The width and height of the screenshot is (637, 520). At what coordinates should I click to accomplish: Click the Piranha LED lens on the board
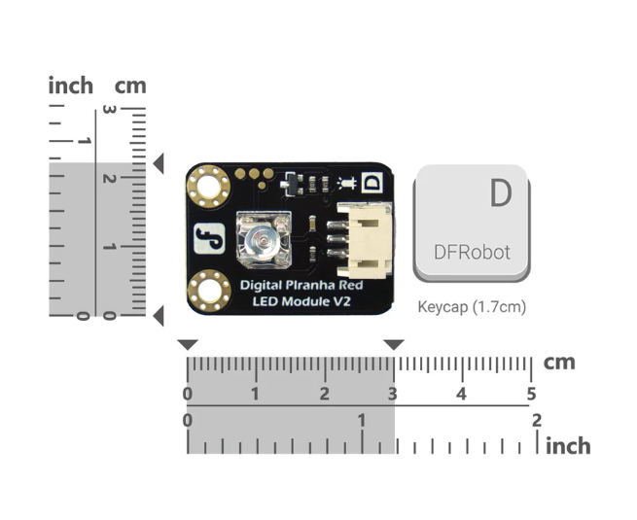(264, 239)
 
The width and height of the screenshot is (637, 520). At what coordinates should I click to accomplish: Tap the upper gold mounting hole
(208, 187)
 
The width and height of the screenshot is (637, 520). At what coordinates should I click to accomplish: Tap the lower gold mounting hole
(209, 291)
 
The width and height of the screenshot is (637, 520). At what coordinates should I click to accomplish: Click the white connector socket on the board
(365, 241)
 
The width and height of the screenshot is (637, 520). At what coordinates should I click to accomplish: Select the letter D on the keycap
(501, 192)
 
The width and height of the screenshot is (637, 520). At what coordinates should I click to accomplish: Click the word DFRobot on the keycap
(472, 253)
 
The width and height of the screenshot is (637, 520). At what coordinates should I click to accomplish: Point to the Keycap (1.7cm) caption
(472, 307)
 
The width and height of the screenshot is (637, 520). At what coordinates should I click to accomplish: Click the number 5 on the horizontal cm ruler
(531, 394)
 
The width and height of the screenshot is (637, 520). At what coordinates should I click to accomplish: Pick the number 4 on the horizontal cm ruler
(461, 394)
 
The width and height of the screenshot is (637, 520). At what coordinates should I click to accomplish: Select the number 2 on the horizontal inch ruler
(537, 421)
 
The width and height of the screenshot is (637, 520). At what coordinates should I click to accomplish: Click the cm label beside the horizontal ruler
(559, 363)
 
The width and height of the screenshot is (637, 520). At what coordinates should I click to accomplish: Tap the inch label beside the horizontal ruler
(568, 446)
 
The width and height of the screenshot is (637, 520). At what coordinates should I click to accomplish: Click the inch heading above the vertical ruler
(71, 86)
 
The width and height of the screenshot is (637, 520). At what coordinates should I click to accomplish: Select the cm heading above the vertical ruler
(130, 87)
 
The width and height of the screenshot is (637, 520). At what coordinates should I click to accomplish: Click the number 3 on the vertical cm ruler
(109, 109)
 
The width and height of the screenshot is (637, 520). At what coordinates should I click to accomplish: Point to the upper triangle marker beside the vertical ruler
(159, 163)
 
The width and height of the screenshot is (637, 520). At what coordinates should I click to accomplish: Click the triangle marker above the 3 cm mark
(394, 345)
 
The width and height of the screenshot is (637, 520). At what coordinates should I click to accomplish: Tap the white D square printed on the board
(372, 183)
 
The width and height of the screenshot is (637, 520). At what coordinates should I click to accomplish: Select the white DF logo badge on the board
(209, 239)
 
